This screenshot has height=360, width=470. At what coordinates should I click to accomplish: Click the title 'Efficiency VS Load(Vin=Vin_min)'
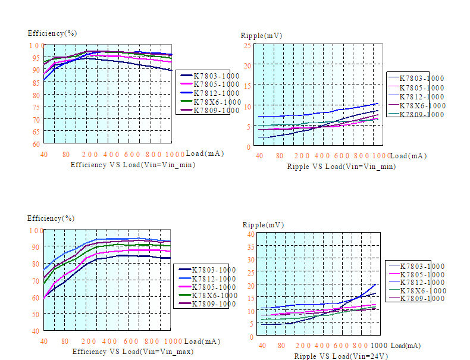[x=133, y=164]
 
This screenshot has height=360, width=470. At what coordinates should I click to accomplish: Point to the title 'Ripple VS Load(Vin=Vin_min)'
[x=341, y=167]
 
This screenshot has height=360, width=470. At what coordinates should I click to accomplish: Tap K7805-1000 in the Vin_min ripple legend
[x=421, y=87]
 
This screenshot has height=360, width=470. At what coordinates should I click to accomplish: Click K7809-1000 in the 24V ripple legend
[x=421, y=299]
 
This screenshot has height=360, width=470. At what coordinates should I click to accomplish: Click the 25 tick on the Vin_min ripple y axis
[x=246, y=46]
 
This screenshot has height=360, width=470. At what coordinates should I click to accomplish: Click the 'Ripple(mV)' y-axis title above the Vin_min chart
[x=261, y=36]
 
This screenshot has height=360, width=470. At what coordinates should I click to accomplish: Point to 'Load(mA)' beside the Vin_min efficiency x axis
[x=205, y=154]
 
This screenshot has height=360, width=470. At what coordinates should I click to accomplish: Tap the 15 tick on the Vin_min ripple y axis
[x=246, y=86]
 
